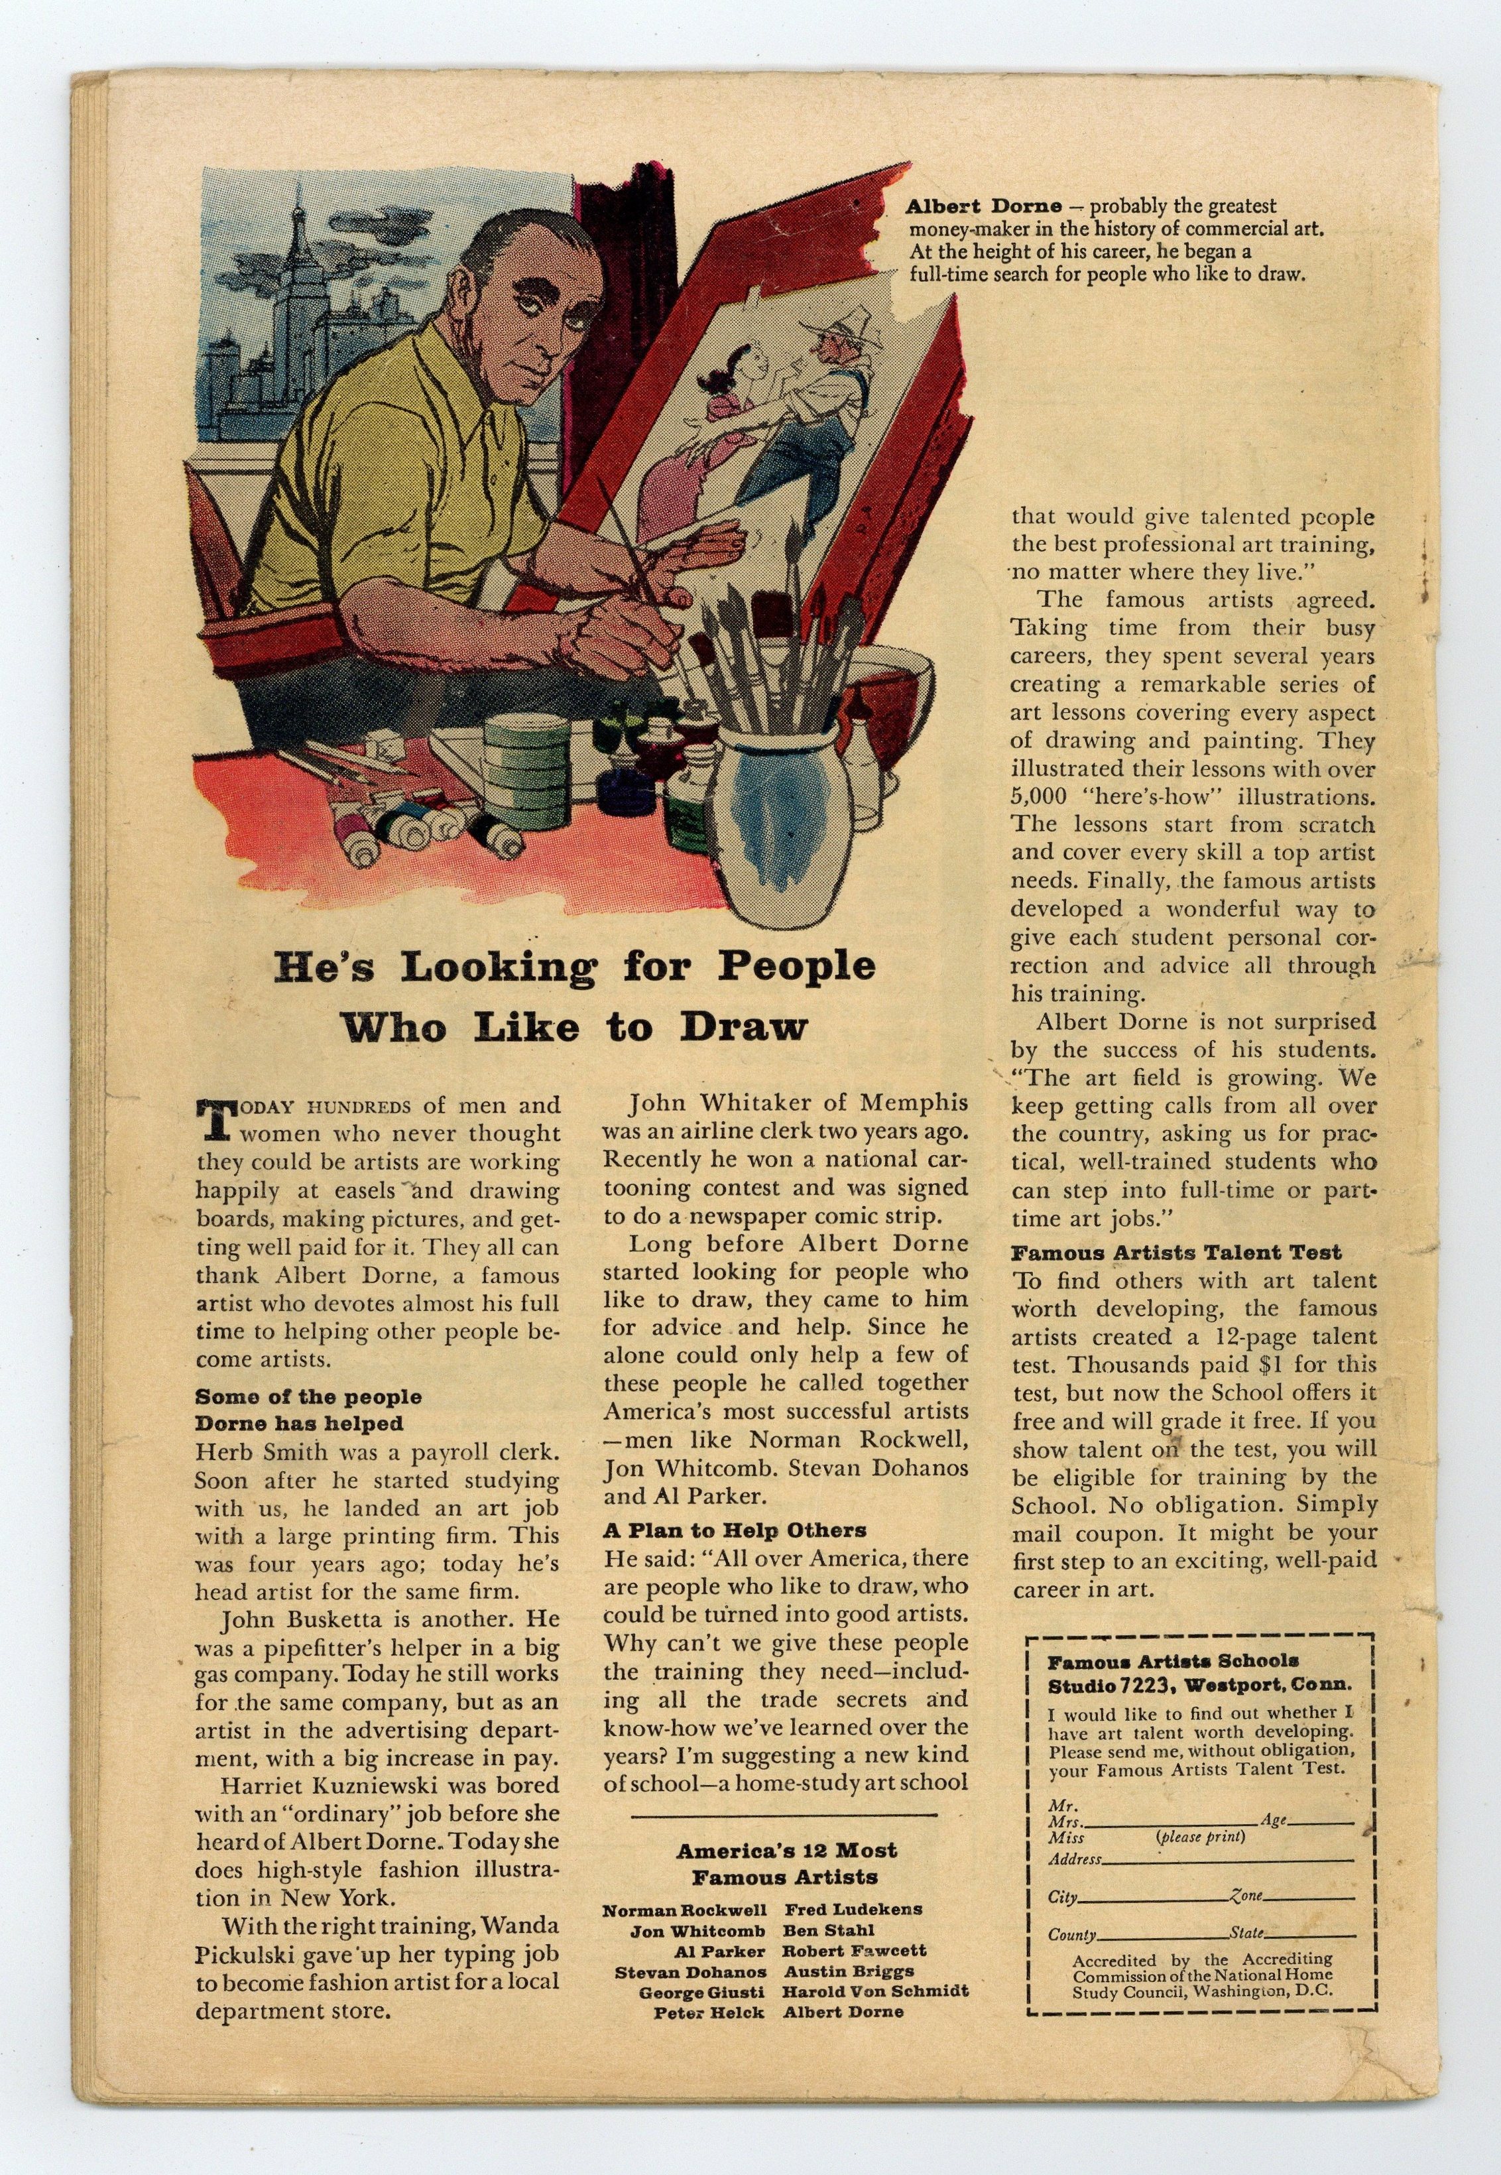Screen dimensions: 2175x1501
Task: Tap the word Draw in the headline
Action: [x=744, y=1026]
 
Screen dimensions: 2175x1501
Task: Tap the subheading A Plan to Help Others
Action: [x=735, y=1530]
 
